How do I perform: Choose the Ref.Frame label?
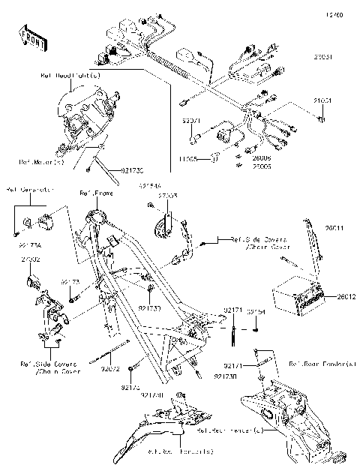coord(94,193)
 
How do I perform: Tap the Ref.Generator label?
coord(27,190)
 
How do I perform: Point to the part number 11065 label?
coord(189,158)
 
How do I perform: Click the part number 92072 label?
coord(110,367)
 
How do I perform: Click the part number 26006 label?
coord(241,159)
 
